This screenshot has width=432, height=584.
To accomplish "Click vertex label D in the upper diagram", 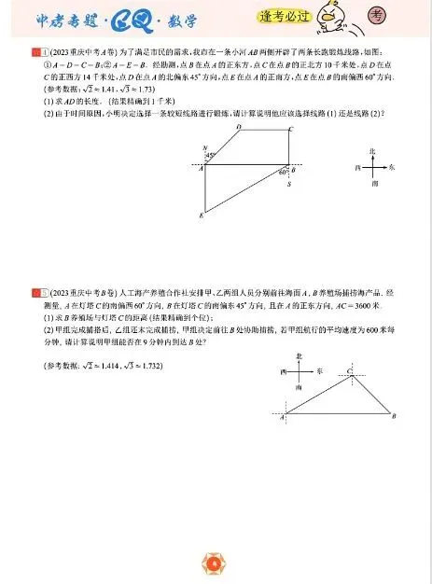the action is [239, 127].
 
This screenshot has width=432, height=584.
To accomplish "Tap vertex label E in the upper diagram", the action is [201, 216].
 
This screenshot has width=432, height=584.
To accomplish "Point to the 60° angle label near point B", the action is [281, 172].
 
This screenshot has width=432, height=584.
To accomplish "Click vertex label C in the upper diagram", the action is [291, 129].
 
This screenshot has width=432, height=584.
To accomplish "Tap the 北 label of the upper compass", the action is [371, 150].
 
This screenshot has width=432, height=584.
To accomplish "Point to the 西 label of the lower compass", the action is [282, 370].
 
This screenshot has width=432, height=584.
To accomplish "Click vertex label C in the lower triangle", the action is [350, 370].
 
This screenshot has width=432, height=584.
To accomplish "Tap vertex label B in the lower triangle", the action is [395, 416].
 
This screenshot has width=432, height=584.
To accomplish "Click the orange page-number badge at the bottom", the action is [215, 562].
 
